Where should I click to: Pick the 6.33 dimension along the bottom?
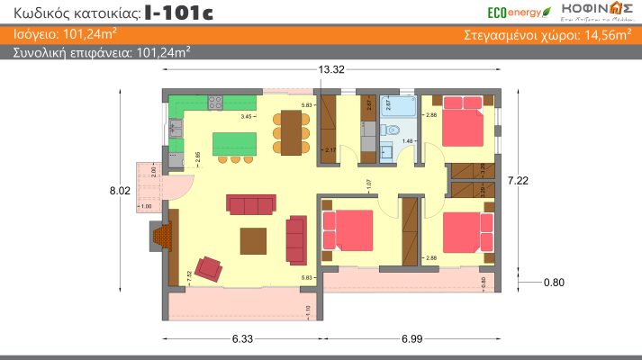(241, 339)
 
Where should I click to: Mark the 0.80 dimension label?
(556, 283)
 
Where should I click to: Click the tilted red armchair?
(210, 268)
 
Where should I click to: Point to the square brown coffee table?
(254, 240)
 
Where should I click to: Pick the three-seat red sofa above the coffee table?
(250, 205)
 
